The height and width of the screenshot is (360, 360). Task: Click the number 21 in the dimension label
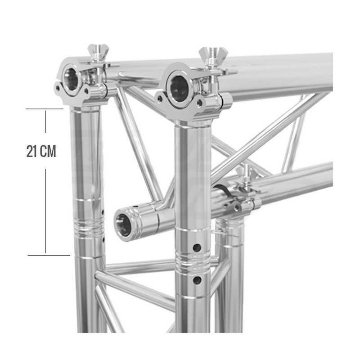tap(32, 152)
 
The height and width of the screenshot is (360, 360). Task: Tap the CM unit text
tap(48, 152)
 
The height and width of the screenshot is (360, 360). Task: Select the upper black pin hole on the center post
tap(196, 247)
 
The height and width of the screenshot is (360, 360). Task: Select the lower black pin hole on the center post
tap(196, 280)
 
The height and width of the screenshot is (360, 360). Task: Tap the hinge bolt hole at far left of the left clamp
tap(58, 88)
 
